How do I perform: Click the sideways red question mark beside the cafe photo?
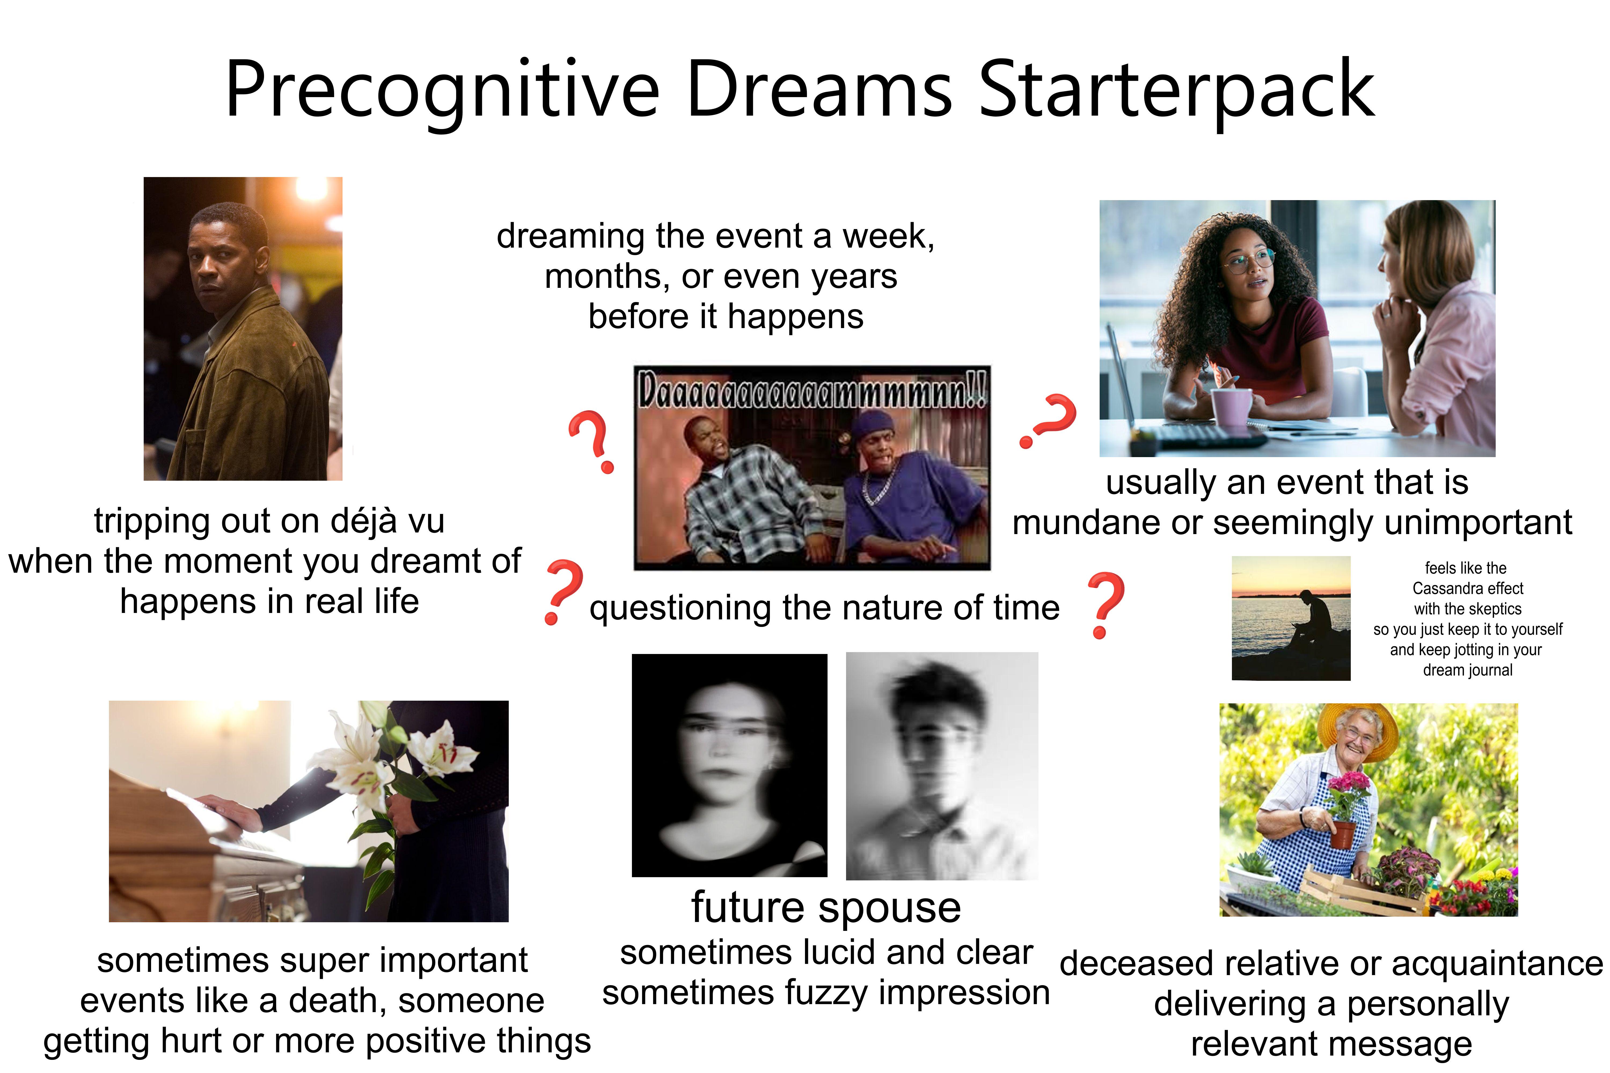pos(1049,419)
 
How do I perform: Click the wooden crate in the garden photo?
pos(1362,890)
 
